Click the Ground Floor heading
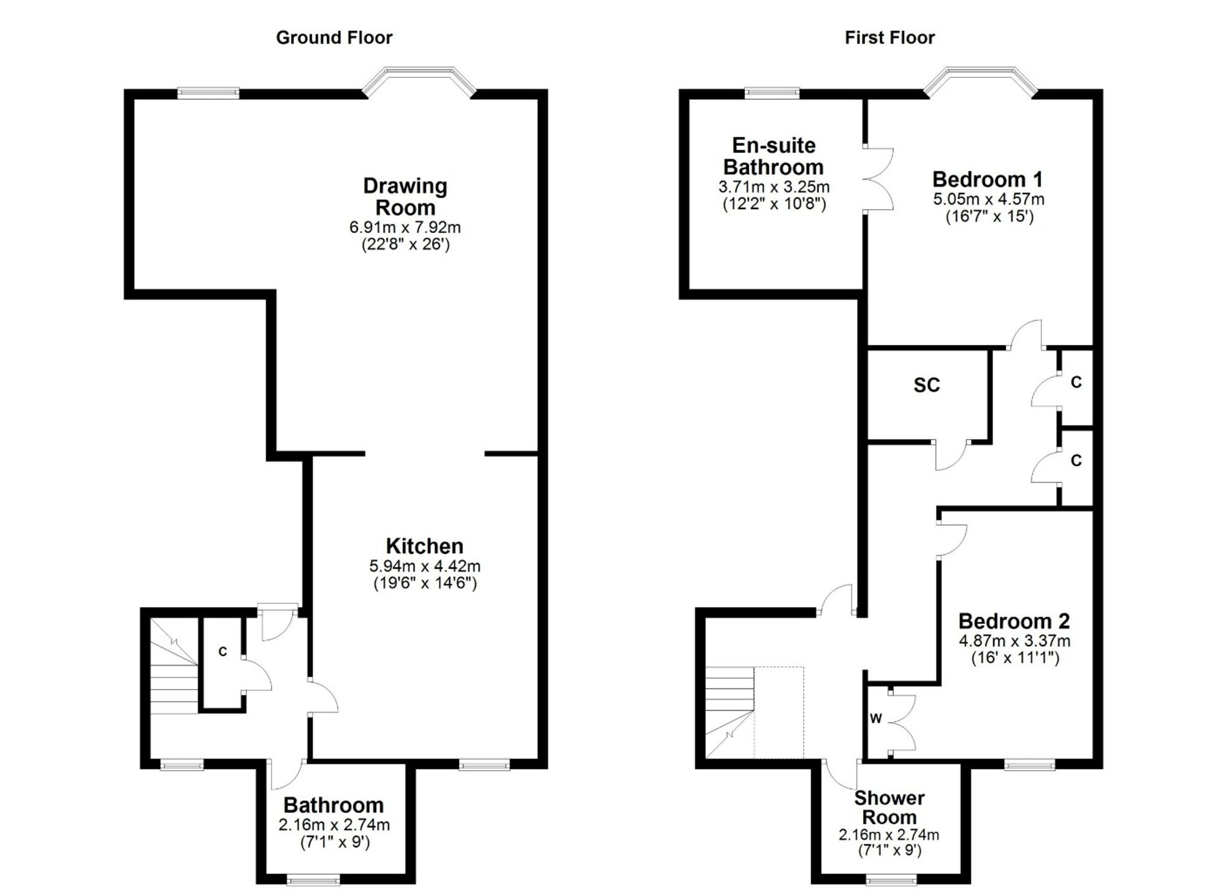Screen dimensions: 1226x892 click(334, 38)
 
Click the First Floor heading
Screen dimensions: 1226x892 click(889, 38)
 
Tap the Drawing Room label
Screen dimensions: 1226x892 click(405, 196)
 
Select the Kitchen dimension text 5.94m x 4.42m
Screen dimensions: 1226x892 click(425, 566)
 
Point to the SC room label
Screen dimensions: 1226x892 click(926, 385)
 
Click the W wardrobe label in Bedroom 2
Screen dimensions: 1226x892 click(875, 719)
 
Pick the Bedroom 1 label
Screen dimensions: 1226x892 click(988, 179)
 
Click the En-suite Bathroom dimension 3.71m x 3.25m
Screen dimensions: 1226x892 click(774, 186)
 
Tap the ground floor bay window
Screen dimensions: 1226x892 click(419, 82)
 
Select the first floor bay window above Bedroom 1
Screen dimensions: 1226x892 click(980, 82)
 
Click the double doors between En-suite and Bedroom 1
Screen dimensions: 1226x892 click(878, 179)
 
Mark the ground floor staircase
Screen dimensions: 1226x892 click(174, 665)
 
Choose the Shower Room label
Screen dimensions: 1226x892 click(889, 807)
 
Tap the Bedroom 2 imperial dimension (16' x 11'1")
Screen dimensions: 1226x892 click(1015, 658)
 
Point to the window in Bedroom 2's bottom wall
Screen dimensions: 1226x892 click(1030, 764)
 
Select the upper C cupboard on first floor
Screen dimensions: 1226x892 click(1077, 387)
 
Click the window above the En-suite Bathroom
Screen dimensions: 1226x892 click(772, 93)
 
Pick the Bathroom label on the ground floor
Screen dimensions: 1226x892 click(333, 805)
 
